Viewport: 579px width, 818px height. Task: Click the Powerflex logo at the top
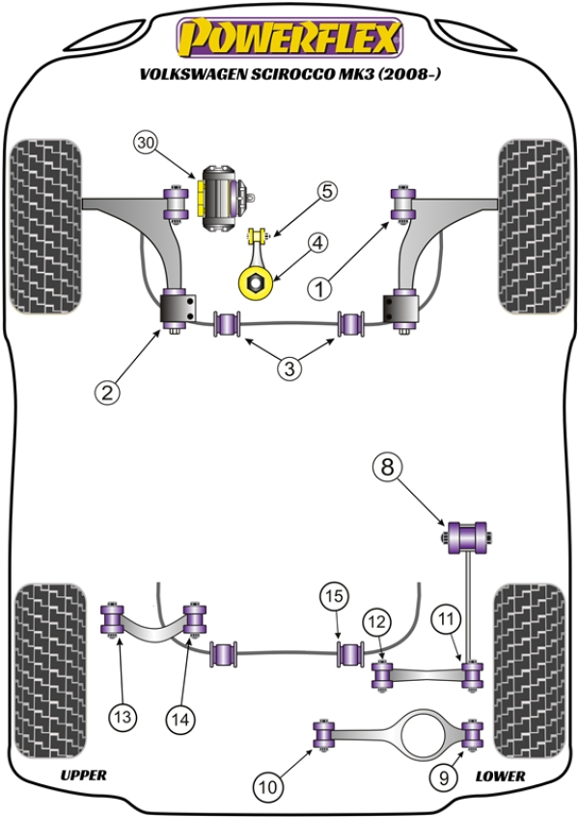pyautogui.click(x=288, y=38)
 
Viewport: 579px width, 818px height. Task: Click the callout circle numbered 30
pyautogui.click(x=146, y=144)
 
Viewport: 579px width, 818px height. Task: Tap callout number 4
pyautogui.click(x=318, y=244)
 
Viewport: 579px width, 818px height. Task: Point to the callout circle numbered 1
pyautogui.click(x=319, y=286)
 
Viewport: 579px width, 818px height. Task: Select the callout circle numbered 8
pyautogui.click(x=387, y=469)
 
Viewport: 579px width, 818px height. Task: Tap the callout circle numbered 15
pyautogui.click(x=334, y=597)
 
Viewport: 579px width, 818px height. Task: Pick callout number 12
pyautogui.click(x=375, y=623)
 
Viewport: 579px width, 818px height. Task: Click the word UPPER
pyautogui.click(x=83, y=776)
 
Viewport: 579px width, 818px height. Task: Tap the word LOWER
pyautogui.click(x=500, y=776)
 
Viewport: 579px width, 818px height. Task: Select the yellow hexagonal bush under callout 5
pyautogui.click(x=255, y=282)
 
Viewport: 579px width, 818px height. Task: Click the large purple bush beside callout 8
pyautogui.click(x=469, y=534)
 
